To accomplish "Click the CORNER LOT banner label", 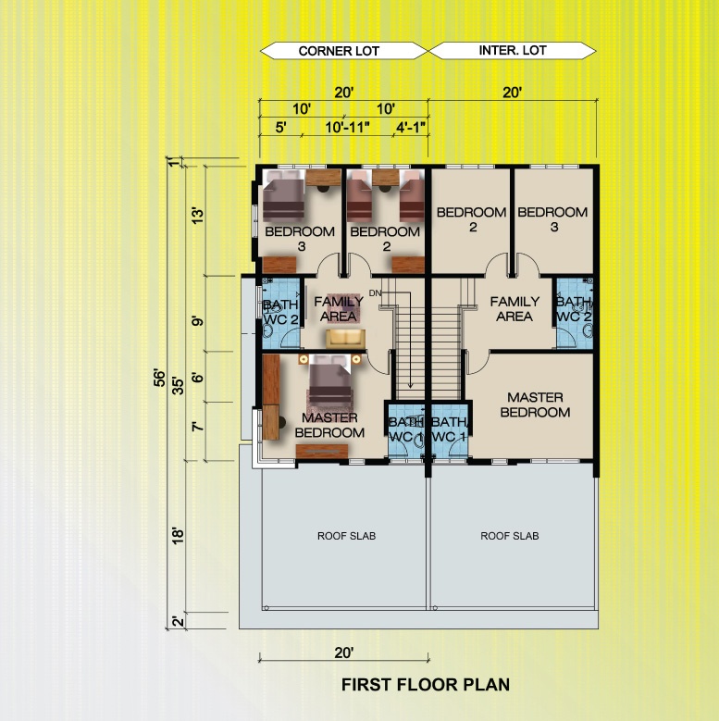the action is coord(339,51).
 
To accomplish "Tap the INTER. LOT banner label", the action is coord(513,50).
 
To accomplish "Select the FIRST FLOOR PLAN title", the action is coord(426,685).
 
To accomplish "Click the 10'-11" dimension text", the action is coord(347,127).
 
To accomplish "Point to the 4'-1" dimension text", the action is coord(411,127).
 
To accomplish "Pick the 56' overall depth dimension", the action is coord(159,377).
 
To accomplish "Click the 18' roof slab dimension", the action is coord(178,536).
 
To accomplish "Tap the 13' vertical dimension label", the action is coord(197,216).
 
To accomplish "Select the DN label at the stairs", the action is coord(375,292).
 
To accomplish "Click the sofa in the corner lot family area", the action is coord(346,339).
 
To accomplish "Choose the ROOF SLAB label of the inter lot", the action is coord(509,536).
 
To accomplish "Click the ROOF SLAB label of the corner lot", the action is coord(346,536).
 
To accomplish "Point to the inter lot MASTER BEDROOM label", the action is coord(535,404).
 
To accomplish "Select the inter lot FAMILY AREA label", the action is coord(514,309).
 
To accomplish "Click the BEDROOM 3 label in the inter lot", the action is coord(552,219).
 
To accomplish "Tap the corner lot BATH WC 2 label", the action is coord(280,312).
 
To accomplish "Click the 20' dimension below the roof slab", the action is coord(344,653).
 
